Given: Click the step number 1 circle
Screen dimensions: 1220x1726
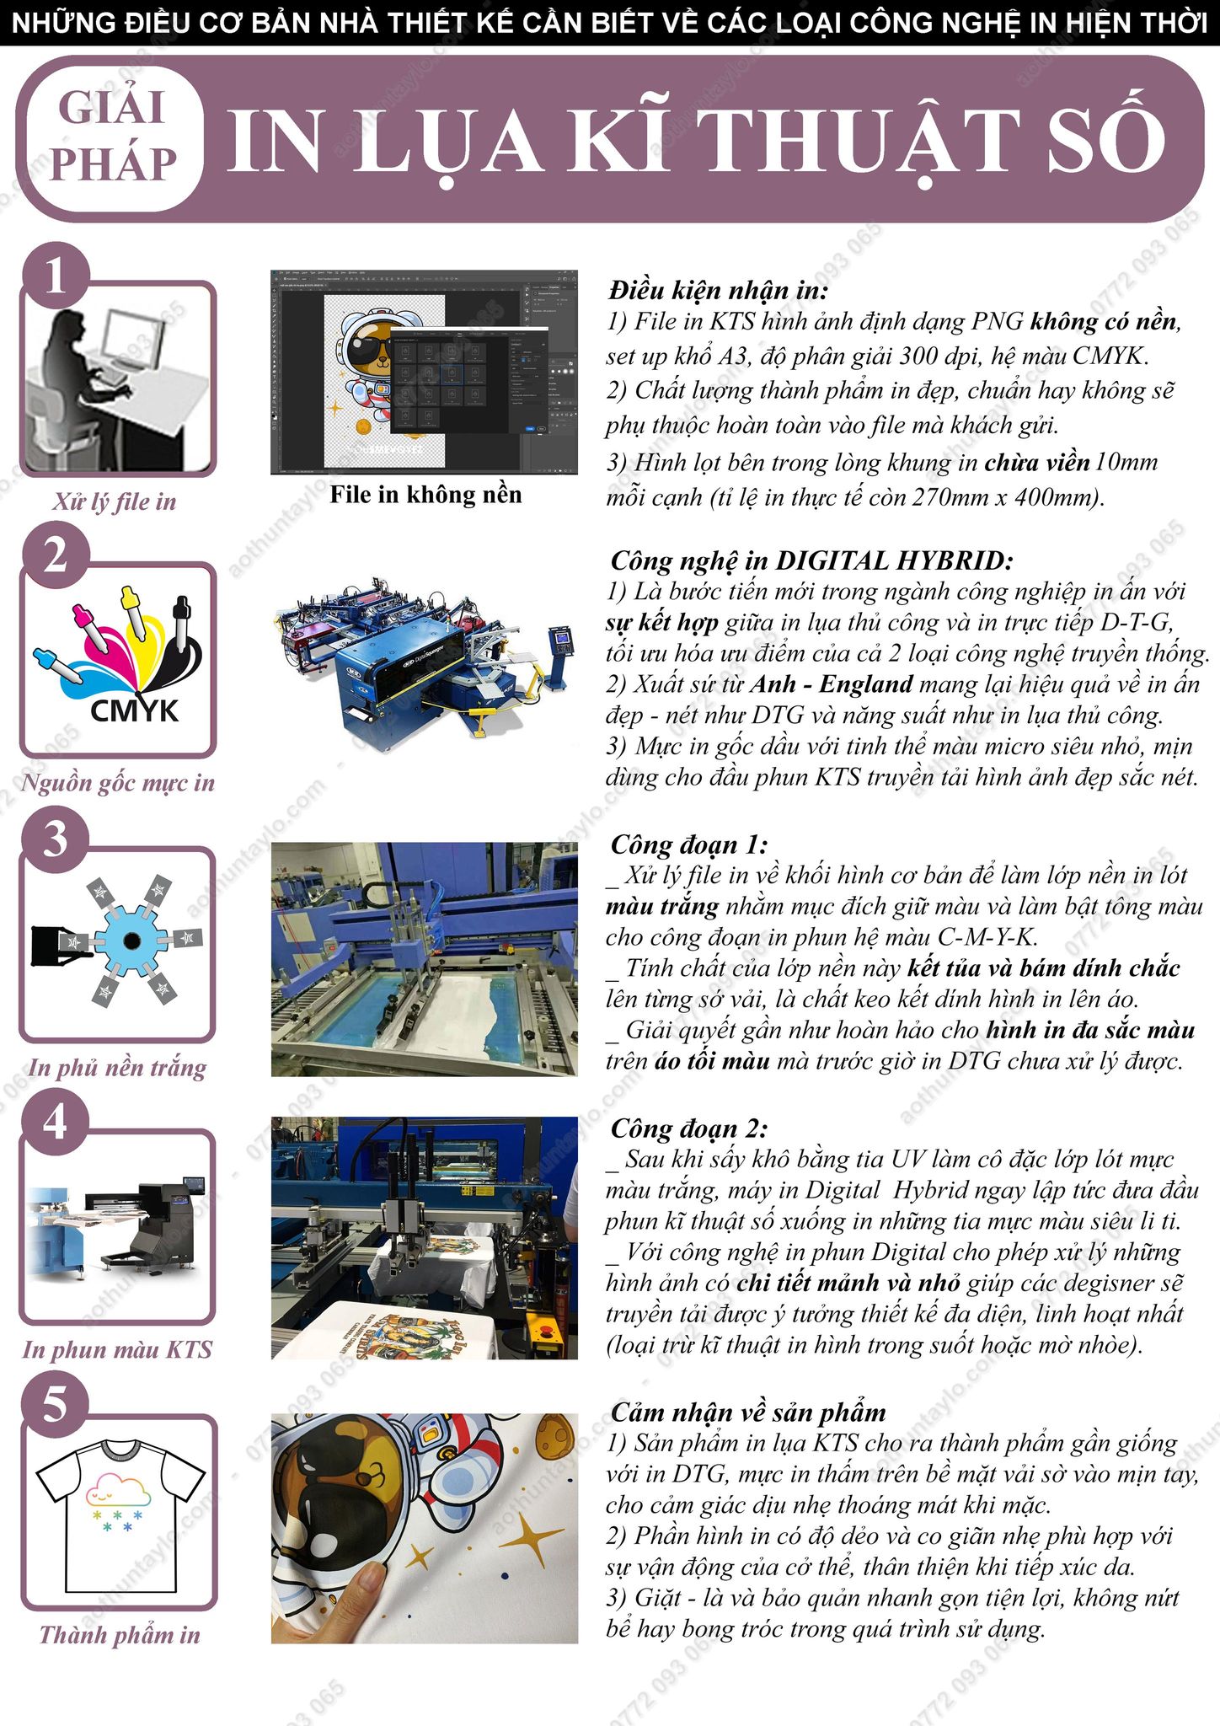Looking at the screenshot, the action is [56, 276].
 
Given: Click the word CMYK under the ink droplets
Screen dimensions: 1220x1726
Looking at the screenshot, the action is [135, 711].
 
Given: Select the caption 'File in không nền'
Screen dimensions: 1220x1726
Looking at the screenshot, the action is [425, 495].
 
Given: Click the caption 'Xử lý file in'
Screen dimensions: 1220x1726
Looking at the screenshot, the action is [115, 502].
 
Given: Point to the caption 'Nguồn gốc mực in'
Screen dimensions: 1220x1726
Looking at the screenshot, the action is [118, 783].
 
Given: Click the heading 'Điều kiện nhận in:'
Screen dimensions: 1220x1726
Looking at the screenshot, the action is [719, 291].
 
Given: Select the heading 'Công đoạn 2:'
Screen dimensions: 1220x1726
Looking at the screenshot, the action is [689, 1128].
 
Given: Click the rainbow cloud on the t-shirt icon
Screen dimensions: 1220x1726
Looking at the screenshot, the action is [120, 1487].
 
